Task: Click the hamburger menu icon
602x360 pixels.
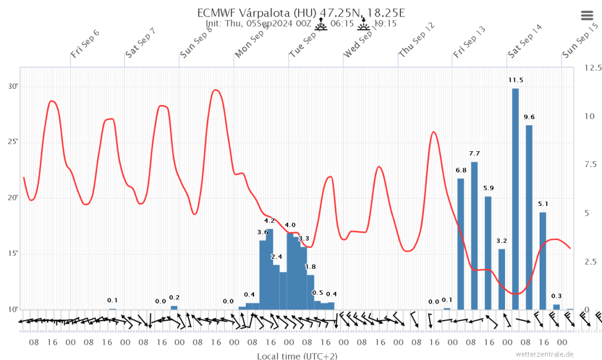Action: pyautogui.click(x=587, y=15)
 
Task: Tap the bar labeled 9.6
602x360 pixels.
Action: pyautogui.click(x=529, y=217)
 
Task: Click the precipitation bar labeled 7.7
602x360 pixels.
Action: pyautogui.click(x=474, y=235)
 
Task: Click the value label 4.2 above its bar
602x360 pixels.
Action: pyautogui.click(x=270, y=221)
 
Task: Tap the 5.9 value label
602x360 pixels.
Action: pyautogui.click(x=489, y=188)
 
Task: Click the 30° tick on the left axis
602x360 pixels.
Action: pyautogui.click(x=13, y=86)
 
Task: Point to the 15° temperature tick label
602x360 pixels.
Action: pyautogui.click(x=13, y=254)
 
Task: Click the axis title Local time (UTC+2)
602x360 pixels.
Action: pyautogui.click(x=297, y=356)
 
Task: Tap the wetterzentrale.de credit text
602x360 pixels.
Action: pyautogui.click(x=544, y=354)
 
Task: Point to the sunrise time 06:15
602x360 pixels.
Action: pyautogui.click(x=342, y=24)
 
